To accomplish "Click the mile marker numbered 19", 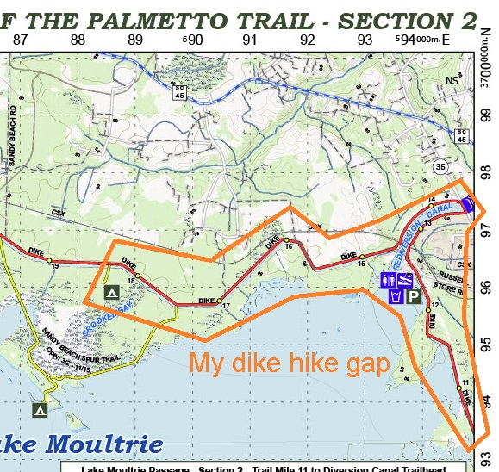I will [50, 260].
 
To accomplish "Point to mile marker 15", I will [363, 257].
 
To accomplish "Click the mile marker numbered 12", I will [428, 311].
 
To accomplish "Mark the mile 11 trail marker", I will [458, 388].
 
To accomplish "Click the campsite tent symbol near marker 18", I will [111, 293].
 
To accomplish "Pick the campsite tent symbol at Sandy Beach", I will [39, 411].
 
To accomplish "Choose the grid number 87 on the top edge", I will [20, 39].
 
